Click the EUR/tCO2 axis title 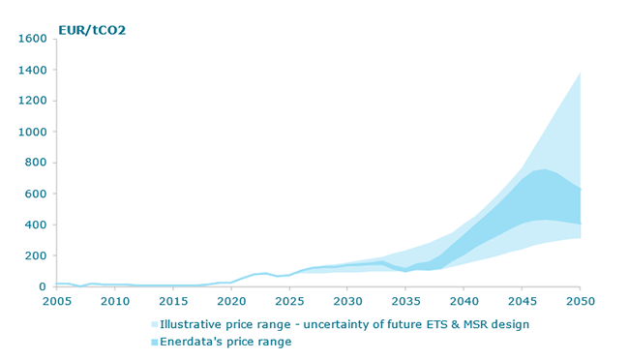[92, 30]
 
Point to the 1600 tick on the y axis [31, 39]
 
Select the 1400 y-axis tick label [31, 70]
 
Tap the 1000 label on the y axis [31, 132]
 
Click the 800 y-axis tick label [35, 163]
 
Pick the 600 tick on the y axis [35, 194]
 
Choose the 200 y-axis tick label [35, 255]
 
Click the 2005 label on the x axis [57, 302]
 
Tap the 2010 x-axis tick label [115, 302]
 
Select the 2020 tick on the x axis [231, 302]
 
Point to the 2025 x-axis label [289, 302]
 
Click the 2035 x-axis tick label [405, 302]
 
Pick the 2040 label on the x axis [464, 302]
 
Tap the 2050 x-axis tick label [580, 302]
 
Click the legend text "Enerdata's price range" [225, 342]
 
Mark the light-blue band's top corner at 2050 [580, 73]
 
